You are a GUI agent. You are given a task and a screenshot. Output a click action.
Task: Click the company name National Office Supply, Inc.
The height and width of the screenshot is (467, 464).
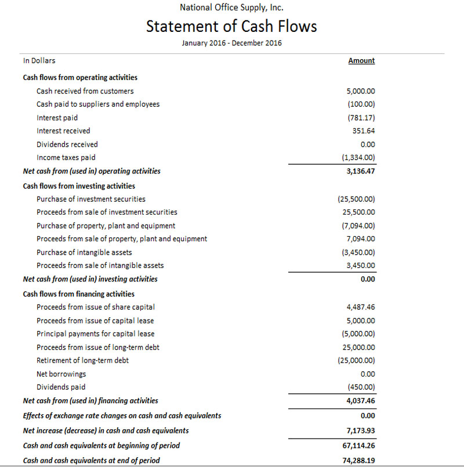231,8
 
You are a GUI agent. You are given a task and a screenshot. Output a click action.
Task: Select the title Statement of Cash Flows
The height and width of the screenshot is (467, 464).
231,27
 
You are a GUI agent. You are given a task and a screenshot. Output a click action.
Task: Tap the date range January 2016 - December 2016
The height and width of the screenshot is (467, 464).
231,44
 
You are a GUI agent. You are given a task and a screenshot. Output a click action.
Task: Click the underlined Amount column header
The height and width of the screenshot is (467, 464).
361,60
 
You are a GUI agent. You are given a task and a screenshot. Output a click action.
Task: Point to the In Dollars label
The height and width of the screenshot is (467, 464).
39,60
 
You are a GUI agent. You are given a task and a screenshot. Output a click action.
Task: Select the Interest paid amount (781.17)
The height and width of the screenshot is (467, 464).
361,118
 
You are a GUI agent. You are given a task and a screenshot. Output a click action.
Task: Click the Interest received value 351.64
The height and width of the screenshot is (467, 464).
364,131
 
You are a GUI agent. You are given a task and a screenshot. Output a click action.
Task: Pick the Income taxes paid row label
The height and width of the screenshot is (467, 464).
66,157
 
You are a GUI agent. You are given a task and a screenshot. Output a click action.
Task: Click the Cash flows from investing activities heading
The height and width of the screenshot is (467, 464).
79,186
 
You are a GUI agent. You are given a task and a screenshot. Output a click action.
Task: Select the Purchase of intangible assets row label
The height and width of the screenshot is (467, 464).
84,252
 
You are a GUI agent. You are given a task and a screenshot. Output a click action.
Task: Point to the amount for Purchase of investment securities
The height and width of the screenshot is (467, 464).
356,199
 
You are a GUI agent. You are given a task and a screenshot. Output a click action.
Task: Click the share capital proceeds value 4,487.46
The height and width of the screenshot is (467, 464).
360,307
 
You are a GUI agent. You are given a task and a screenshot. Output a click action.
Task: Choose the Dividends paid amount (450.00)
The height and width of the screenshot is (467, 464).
361,387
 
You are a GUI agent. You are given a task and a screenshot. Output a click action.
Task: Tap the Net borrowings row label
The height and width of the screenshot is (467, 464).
61,374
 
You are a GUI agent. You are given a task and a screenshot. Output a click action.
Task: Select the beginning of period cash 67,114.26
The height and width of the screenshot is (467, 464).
358,446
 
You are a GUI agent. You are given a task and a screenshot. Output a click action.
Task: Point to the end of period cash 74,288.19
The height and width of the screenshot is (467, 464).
358,461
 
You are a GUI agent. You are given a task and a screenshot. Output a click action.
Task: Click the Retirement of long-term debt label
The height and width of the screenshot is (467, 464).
82,360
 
